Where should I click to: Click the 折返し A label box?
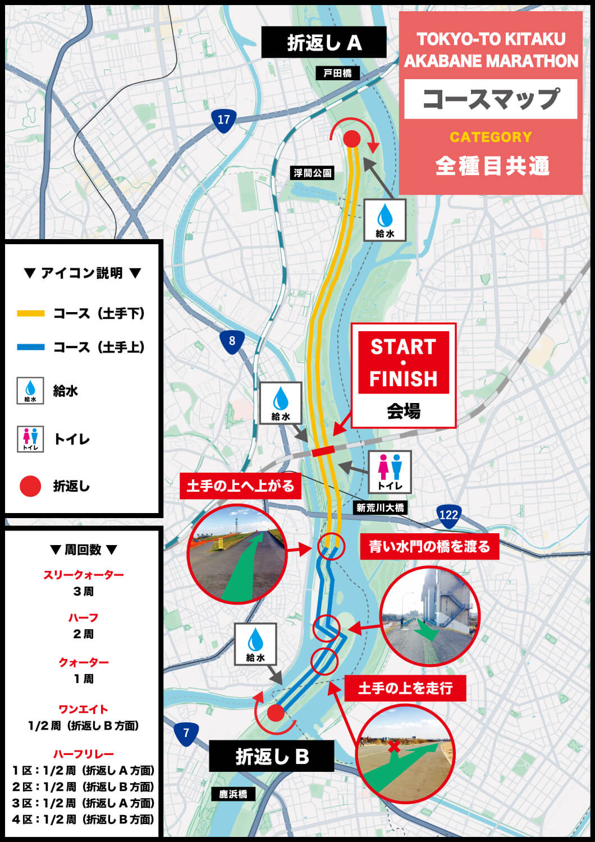coord(324,43)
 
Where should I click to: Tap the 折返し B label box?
coord(272,756)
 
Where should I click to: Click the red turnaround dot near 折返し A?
coord(351,139)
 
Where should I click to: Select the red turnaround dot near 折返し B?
coord(276,713)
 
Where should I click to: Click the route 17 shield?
coord(223,120)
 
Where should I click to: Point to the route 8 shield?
coord(232,341)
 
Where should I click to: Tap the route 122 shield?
coord(448,515)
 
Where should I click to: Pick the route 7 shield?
coord(186,733)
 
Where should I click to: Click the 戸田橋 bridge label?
coord(338,73)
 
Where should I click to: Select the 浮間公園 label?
coord(313,173)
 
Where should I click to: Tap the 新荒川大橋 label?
coord(380,507)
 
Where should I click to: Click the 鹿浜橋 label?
coord(233,794)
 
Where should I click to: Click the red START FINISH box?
coord(403,363)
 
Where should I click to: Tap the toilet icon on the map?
coord(390,472)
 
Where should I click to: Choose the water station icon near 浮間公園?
coord(385,220)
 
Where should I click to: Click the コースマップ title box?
coord(491,99)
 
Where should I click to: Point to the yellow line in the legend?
coord(30,313)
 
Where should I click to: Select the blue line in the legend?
coord(30,347)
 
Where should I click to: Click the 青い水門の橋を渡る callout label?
coord(429,546)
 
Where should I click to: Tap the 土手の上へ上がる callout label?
coord(240,486)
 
